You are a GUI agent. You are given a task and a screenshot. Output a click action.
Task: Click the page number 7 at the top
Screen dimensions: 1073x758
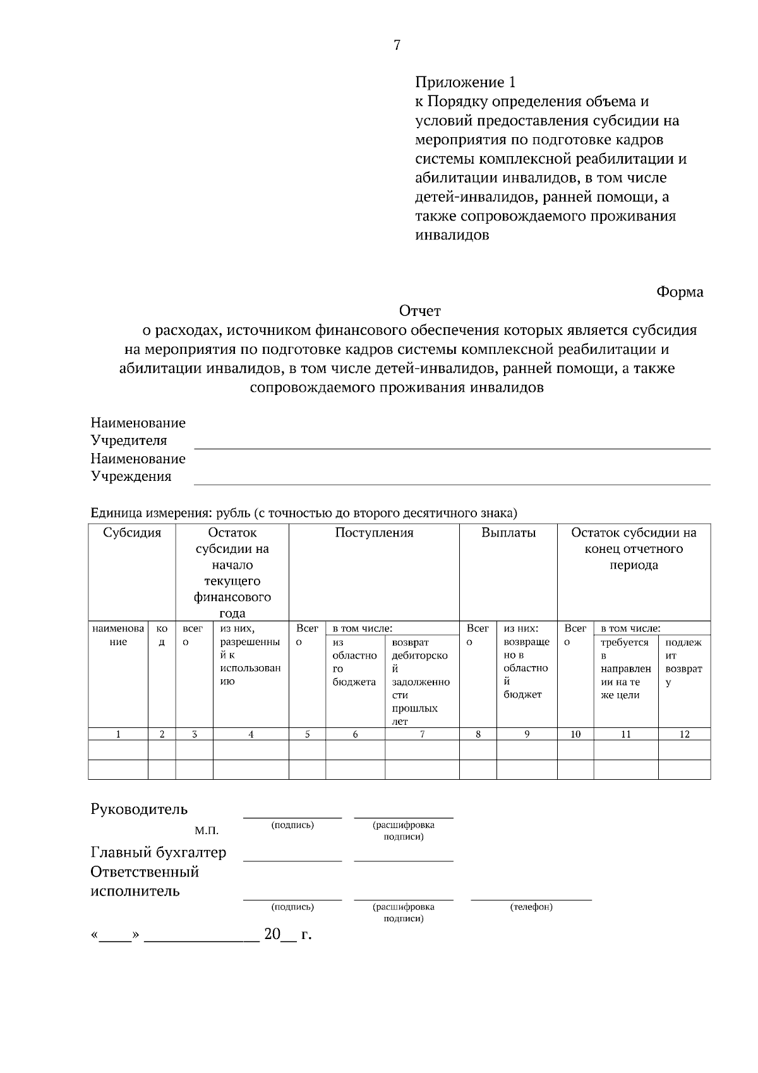tap(397, 45)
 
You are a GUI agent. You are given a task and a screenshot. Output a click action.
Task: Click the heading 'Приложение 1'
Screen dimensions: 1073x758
tap(466, 82)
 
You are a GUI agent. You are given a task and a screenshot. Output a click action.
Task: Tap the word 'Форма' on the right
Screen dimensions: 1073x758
tap(680, 292)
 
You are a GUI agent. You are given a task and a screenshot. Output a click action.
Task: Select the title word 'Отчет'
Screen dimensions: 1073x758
tap(419, 311)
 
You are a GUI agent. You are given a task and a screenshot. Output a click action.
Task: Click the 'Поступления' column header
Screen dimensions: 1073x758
tap(374, 533)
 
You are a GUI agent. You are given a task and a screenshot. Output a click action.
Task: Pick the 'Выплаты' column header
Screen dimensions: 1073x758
tap(508, 533)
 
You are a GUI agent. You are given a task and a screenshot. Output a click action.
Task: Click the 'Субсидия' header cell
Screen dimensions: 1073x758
tap(132, 533)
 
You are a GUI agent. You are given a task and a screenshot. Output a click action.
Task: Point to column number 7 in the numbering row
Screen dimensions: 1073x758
tap(422, 734)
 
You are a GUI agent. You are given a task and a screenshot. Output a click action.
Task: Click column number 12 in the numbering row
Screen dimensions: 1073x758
tap(684, 734)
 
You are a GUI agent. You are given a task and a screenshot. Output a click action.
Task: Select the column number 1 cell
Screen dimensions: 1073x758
tap(118, 734)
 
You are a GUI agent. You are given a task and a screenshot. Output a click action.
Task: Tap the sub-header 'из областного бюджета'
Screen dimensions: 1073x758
tap(354, 662)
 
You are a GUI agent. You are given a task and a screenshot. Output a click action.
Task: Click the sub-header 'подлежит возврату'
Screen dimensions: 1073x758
tap(683, 662)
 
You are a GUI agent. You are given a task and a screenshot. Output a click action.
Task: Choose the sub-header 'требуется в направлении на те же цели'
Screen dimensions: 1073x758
tap(625, 669)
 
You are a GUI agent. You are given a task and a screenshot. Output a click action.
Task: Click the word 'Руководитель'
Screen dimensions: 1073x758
tap(139, 809)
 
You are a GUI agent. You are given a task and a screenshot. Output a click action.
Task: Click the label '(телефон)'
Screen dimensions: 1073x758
tap(531, 907)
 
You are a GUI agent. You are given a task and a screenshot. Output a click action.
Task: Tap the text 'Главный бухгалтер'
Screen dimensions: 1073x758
tap(159, 852)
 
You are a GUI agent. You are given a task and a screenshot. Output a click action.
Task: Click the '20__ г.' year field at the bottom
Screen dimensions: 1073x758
tap(288, 934)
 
